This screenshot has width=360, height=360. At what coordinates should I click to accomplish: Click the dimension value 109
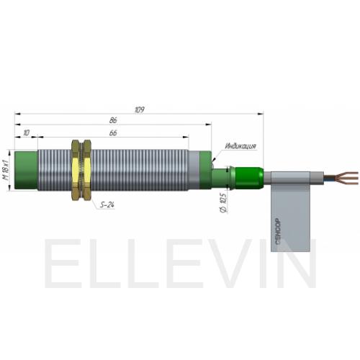point(140,109)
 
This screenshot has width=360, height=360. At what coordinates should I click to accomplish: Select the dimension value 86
point(113,120)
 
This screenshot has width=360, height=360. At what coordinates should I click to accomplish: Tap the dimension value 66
point(113,132)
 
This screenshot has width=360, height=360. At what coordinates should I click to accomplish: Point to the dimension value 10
point(27,132)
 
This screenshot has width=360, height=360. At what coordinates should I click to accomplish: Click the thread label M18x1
point(6,170)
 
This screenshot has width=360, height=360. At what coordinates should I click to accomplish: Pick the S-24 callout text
point(107,204)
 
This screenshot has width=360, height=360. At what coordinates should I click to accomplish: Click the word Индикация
point(240,145)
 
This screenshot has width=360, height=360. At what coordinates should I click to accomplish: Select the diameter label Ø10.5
point(223,202)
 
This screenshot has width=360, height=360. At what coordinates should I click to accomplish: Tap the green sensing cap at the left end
point(26,170)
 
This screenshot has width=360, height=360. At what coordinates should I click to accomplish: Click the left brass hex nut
point(76,170)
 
